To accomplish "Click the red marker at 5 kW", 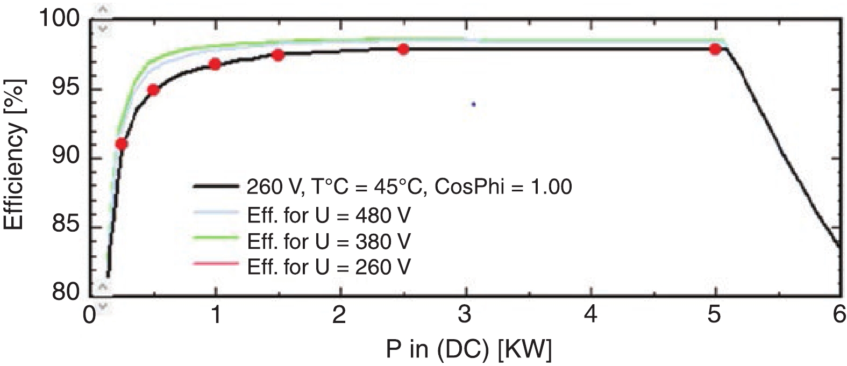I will point(715,49).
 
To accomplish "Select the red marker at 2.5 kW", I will point(403,49).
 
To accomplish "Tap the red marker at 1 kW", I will point(215,64).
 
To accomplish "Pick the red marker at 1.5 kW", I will point(278,55).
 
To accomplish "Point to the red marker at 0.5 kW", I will point(153,90).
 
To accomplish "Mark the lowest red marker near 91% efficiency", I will point(122,144).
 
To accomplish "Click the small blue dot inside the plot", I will point(473,104).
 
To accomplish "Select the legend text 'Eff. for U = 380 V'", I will point(329,241).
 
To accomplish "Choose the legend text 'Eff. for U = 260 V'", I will point(329,266).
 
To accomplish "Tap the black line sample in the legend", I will point(215,187).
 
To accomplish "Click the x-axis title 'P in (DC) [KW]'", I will point(468,350).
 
